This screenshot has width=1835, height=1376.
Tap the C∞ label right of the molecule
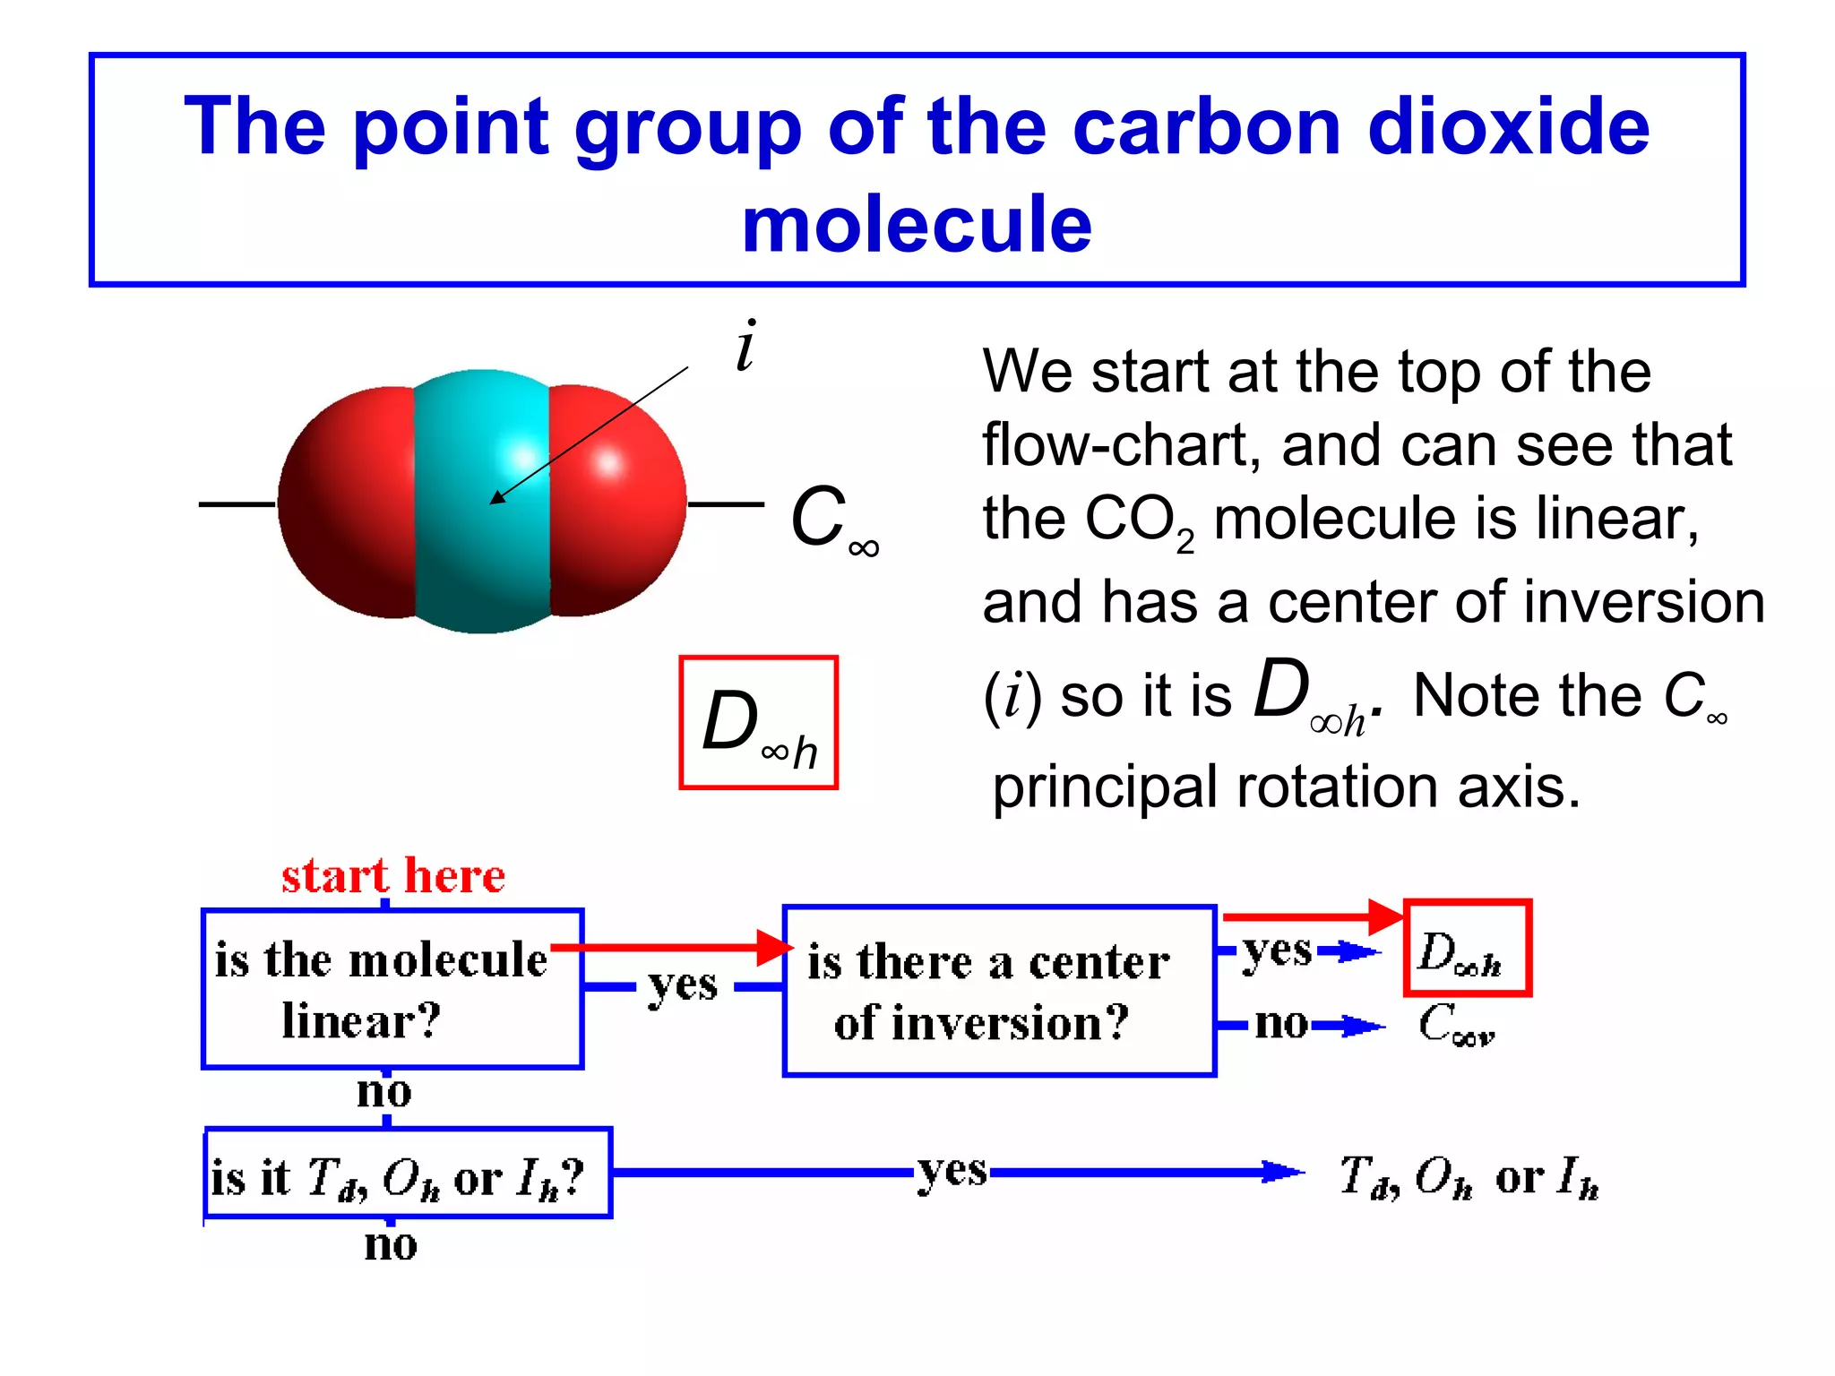pos(831,520)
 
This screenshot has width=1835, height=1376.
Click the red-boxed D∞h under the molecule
pos(758,723)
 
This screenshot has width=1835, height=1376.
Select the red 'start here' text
pos(392,875)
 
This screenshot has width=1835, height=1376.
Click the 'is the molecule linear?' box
pos(392,989)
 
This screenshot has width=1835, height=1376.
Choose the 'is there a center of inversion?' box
pos(998,991)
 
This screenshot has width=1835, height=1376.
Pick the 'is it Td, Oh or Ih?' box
pos(408,1174)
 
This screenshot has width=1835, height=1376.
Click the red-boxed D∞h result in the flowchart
pos(1466,949)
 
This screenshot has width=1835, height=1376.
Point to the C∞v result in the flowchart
pos(1455,1024)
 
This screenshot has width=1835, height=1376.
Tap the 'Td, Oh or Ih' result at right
pos(1469,1176)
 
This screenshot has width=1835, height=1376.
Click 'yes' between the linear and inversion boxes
pos(682,986)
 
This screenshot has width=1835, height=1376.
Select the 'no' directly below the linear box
pos(383,1093)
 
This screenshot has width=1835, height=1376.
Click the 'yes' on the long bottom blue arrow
pos(952,1170)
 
